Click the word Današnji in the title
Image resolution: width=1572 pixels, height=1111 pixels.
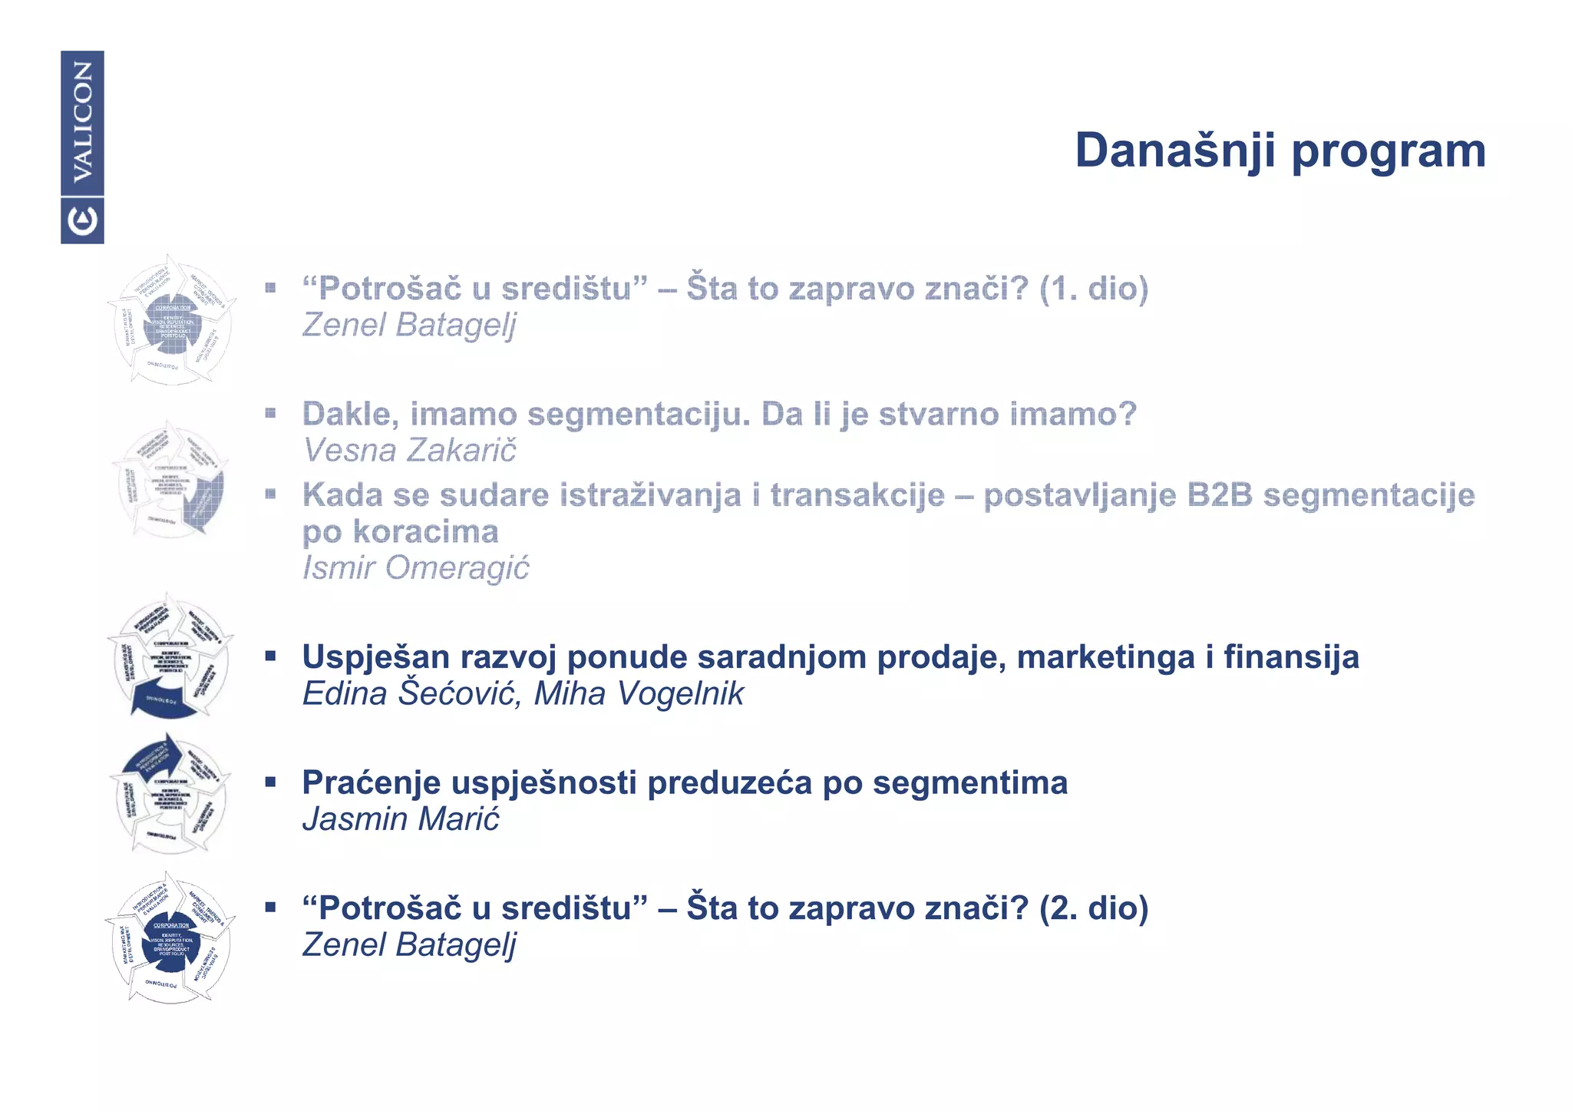click(x=1175, y=150)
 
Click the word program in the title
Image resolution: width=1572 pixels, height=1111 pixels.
click(x=1389, y=151)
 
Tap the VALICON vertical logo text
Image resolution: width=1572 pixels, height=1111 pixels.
click(x=82, y=122)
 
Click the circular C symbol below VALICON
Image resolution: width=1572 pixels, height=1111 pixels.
click(x=82, y=221)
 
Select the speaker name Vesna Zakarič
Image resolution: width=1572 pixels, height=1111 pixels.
click(x=409, y=451)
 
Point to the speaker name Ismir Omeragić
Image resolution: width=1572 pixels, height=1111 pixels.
click(x=415, y=568)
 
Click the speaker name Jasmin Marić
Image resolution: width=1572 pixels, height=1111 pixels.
click(x=400, y=819)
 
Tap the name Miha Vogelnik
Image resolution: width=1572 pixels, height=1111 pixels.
click(x=639, y=694)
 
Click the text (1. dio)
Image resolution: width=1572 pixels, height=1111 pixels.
click(x=1094, y=289)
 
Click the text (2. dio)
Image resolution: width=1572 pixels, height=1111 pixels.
click(x=1094, y=908)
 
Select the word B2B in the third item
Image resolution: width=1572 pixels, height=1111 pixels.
click(x=1219, y=495)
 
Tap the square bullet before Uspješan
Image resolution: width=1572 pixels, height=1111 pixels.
click(x=270, y=656)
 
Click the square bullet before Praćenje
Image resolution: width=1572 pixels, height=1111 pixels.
click(x=270, y=782)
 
